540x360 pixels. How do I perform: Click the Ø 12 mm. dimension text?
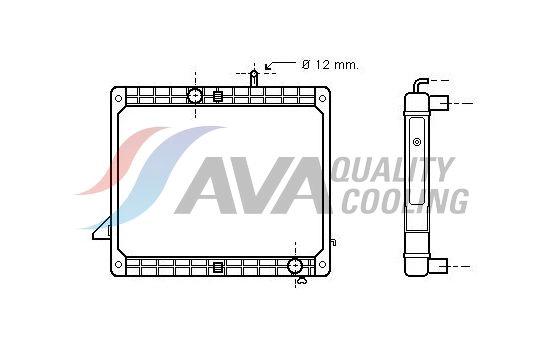click(x=330, y=65)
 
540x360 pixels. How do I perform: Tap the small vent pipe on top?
click(x=255, y=77)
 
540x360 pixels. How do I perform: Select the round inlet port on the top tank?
click(x=196, y=96)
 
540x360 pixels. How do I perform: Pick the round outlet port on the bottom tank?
click(x=295, y=266)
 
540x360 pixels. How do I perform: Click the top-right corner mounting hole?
click(x=322, y=97)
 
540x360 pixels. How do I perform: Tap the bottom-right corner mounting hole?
click(x=322, y=266)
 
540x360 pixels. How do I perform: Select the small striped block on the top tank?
click(x=217, y=97)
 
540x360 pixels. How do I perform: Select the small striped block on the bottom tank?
click(x=217, y=267)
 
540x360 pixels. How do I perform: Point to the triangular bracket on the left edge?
click(x=101, y=233)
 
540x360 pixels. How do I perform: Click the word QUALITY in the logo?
click(x=391, y=170)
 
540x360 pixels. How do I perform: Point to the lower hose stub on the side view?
click(x=444, y=266)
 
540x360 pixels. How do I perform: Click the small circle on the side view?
click(x=416, y=141)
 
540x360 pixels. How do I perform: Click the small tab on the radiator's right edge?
click(x=334, y=240)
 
